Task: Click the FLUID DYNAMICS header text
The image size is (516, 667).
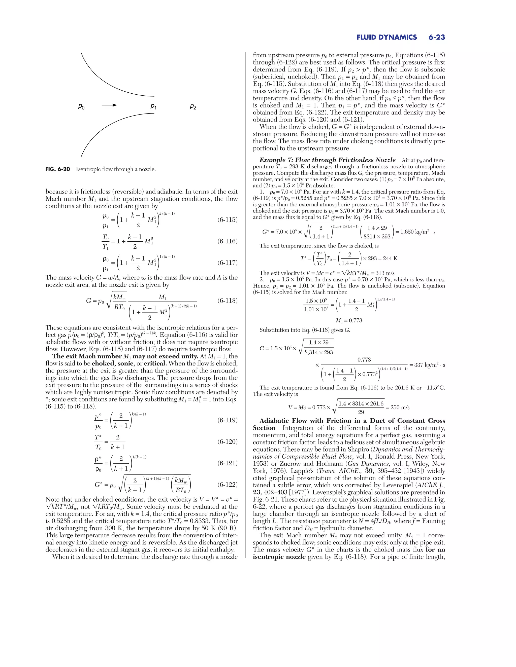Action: click(x=386, y=38)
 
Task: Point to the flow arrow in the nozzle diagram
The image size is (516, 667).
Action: click(x=109, y=105)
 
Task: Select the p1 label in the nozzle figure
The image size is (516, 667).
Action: click(x=153, y=106)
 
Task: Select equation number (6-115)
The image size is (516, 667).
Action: click(x=228, y=220)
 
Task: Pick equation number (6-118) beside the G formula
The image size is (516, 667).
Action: click(x=228, y=301)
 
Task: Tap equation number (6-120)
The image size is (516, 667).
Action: click(x=228, y=442)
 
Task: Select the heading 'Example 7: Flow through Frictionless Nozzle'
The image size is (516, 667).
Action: click(x=327, y=160)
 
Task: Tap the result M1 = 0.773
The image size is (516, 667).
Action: click(x=349, y=320)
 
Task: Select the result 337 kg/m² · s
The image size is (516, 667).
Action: click(x=427, y=365)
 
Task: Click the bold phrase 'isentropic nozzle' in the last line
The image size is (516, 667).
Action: click(x=279, y=557)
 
